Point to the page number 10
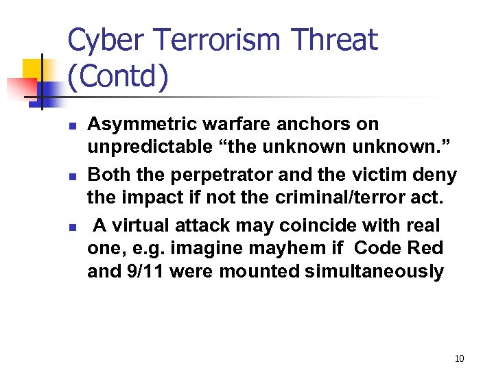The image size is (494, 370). point(459,358)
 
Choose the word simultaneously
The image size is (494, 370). point(372,272)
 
